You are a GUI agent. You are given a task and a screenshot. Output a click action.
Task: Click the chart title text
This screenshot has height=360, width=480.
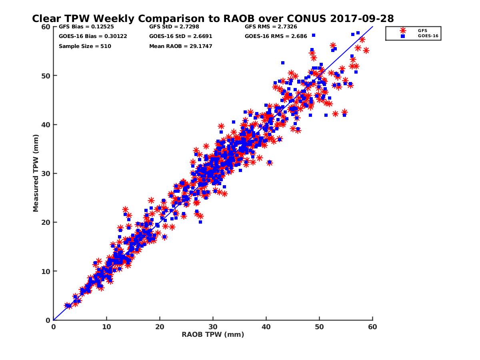[213, 18]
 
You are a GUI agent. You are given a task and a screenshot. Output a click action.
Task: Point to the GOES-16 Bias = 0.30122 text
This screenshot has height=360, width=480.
[87, 36]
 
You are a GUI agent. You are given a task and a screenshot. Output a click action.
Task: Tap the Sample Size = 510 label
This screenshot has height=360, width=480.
[85, 46]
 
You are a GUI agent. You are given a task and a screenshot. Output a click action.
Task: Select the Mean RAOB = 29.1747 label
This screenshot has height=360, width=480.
[180, 46]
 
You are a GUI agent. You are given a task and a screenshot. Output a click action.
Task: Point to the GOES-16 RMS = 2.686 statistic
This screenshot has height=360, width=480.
[276, 36]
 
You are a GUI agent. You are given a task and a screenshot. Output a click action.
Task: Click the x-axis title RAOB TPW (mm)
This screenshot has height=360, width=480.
[213, 334]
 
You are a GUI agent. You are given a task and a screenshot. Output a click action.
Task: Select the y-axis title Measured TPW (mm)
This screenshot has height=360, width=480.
[36, 173]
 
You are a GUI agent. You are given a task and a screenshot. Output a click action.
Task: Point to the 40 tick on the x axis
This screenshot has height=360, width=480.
[266, 327]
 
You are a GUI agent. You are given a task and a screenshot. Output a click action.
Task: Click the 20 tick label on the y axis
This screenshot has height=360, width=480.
[45, 222]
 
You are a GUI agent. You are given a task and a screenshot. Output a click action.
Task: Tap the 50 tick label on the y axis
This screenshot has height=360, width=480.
[45, 76]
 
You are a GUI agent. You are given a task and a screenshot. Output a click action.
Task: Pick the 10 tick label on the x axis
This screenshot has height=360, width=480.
[106, 327]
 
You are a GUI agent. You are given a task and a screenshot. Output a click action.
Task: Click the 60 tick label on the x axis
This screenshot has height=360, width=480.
[373, 327]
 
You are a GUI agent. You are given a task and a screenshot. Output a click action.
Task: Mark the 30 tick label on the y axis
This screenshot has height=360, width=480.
[45, 173]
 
